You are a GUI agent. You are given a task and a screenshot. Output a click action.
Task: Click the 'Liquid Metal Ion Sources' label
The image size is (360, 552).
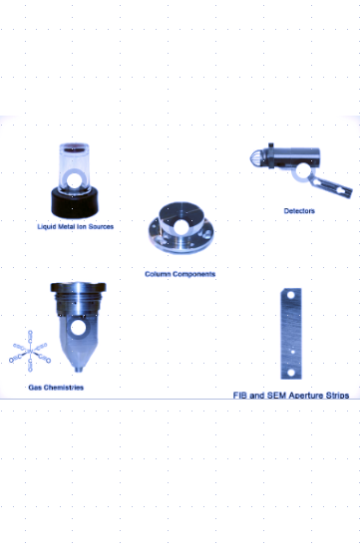76,227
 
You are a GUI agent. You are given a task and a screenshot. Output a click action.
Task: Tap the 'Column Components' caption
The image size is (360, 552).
180,274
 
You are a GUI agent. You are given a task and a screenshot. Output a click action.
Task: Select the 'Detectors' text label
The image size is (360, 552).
299,211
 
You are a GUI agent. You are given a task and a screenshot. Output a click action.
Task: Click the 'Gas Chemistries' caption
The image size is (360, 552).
56,388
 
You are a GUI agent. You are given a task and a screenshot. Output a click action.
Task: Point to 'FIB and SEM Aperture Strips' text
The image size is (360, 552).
291,396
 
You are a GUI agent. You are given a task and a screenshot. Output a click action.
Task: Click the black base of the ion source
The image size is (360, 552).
75,202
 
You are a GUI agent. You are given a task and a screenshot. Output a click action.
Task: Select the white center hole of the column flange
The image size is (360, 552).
180,227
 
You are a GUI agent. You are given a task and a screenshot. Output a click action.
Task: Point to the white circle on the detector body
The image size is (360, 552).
302,171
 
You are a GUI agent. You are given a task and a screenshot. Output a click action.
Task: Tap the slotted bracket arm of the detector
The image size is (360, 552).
330,186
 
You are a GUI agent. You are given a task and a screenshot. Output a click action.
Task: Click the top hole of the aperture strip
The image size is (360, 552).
291,294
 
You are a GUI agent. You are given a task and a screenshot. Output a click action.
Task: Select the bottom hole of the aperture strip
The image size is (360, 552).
291,372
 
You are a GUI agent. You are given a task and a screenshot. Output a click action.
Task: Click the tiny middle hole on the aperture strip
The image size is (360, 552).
292,352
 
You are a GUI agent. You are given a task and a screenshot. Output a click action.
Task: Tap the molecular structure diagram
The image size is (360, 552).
30,351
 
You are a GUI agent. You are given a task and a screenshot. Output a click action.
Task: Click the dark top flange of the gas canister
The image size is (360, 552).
78,287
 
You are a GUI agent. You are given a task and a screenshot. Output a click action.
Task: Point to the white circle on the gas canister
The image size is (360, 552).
78,328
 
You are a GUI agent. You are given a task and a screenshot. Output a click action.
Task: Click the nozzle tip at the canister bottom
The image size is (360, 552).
79,369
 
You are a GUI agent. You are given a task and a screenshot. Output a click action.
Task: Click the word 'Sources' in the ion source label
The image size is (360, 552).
101,227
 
